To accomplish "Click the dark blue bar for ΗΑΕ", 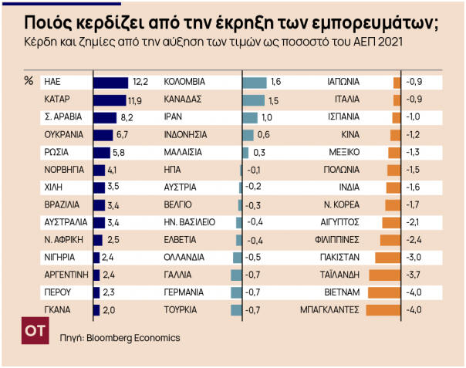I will (x=110, y=82).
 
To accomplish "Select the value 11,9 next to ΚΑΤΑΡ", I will (x=134, y=100).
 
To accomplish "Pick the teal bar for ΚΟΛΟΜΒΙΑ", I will (x=255, y=82).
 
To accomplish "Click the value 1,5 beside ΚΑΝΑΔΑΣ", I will (x=273, y=100).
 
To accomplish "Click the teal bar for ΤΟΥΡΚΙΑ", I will (x=237, y=310).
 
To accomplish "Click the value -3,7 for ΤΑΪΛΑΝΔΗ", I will (x=414, y=275).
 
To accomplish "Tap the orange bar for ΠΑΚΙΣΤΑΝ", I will (x=387, y=257).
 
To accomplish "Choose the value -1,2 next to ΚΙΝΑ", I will (x=414, y=135).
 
